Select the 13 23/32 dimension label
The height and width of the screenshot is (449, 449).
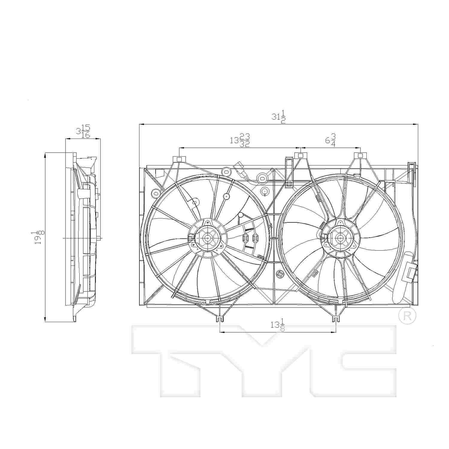point(240,140)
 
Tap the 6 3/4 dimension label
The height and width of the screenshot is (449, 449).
point(330,140)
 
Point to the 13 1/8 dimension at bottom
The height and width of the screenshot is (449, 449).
point(277,325)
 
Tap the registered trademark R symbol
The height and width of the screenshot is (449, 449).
point(407,316)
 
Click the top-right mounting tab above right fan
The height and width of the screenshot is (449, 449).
point(360,155)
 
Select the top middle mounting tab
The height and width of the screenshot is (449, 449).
point(300,155)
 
